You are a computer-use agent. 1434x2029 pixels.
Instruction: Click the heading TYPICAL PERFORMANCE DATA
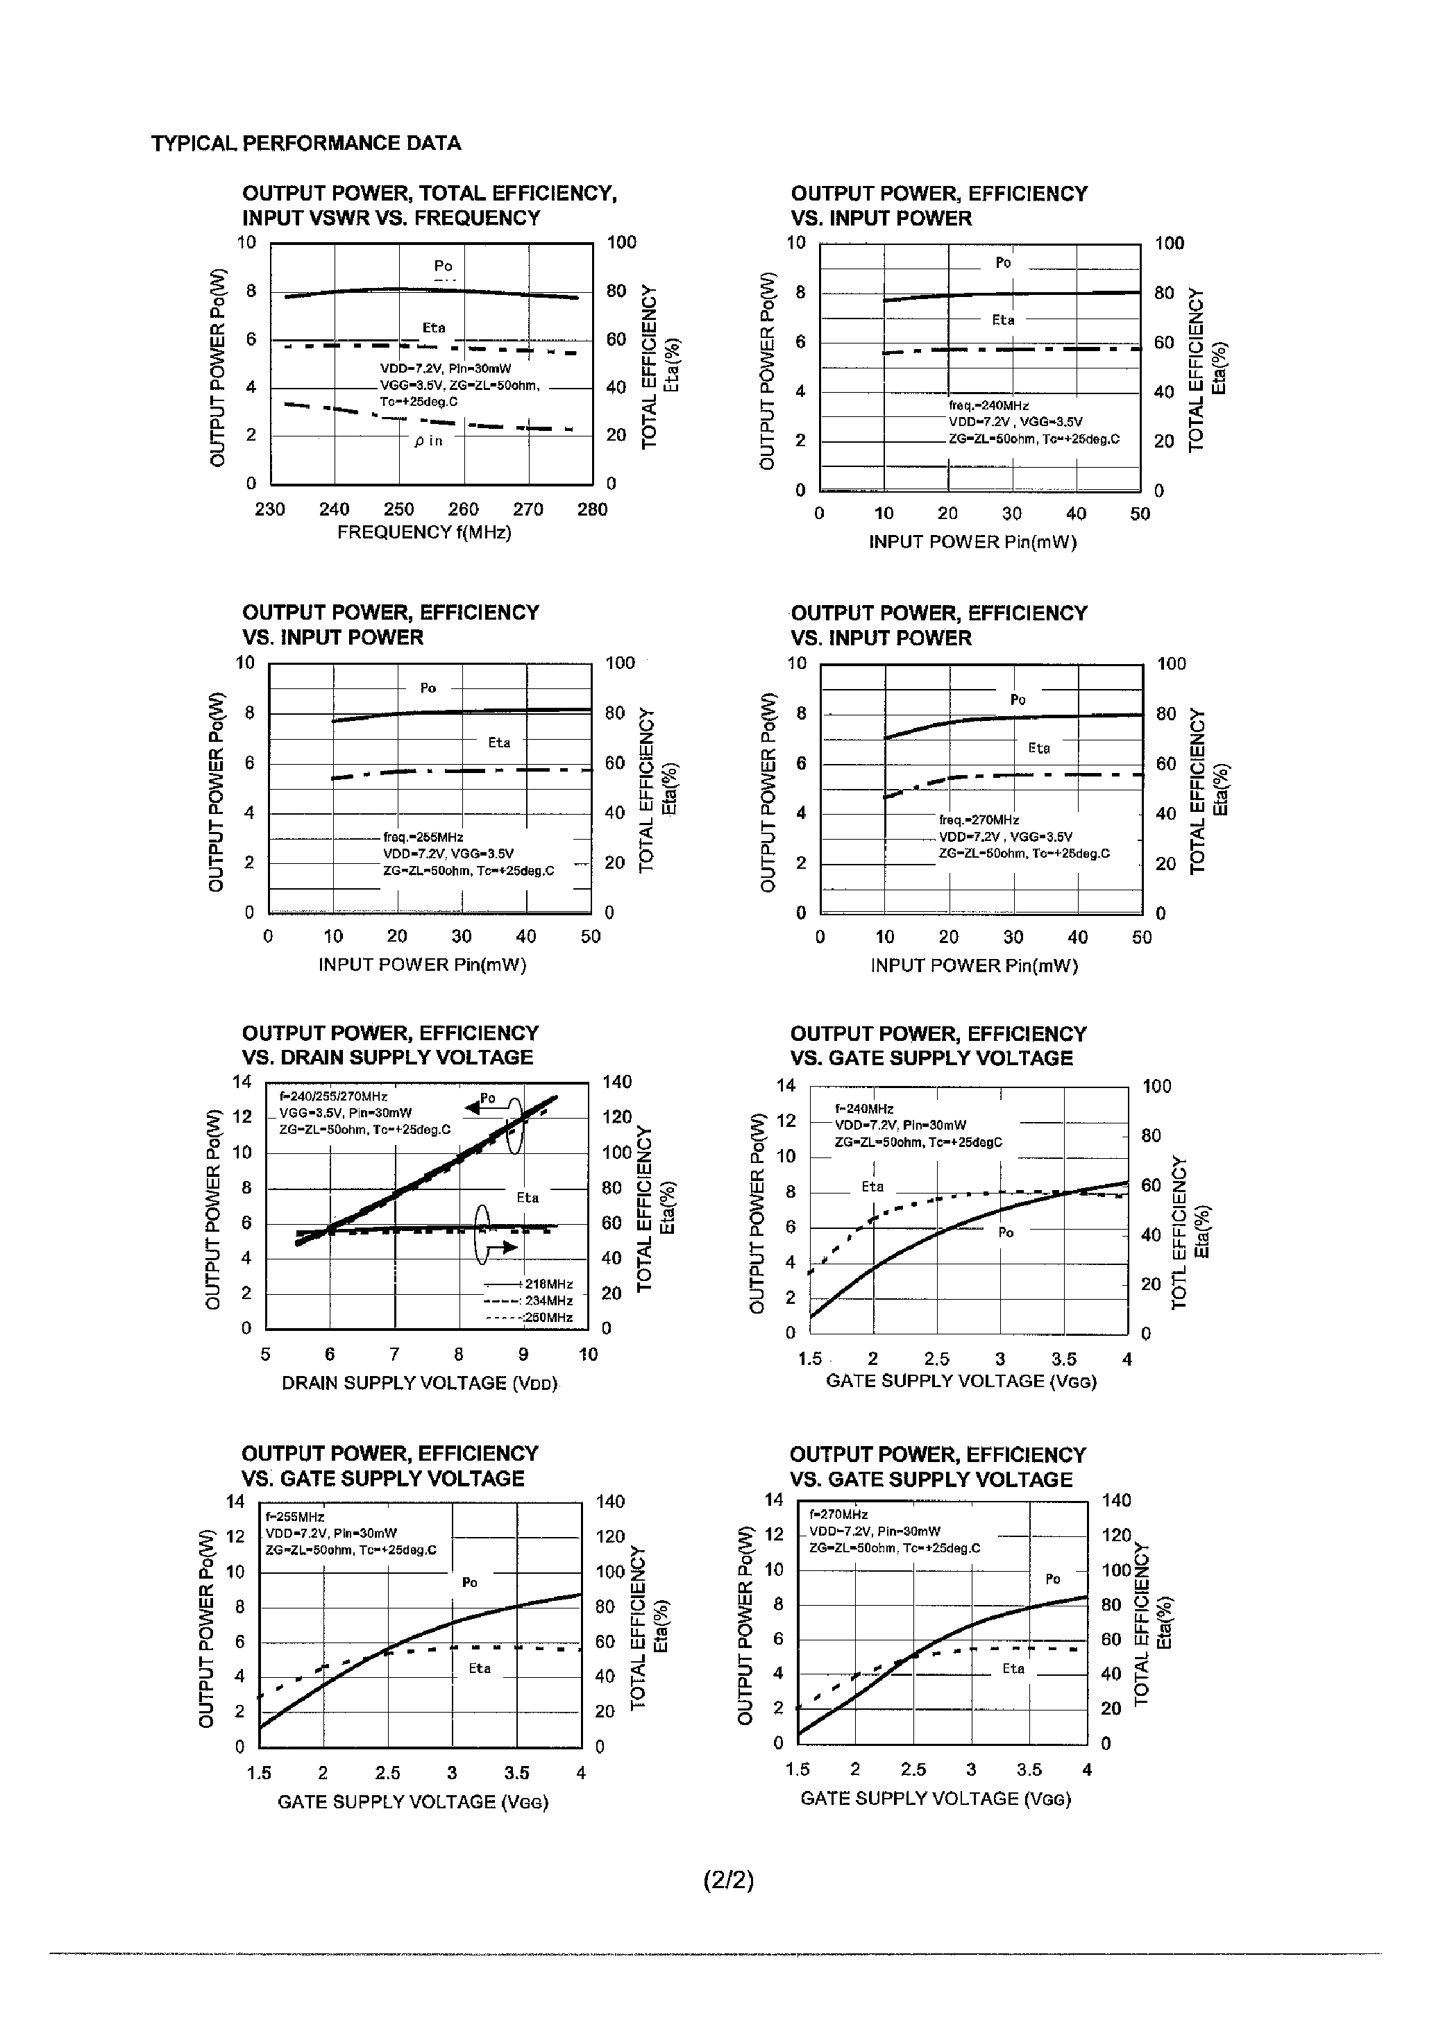(x=306, y=143)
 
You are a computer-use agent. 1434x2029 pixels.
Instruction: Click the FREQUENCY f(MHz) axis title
(x=424, y=533)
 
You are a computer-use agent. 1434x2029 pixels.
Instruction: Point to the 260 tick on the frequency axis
(x=463, y=510)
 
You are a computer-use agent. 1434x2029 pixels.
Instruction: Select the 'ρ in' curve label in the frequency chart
(x=429, y=441)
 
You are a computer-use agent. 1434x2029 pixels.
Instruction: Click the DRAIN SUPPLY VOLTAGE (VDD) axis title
(x=419, y=1383)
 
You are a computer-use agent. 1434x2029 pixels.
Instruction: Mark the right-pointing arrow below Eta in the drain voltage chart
(x=507, y=1247)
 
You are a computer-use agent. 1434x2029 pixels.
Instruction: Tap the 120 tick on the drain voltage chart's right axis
(x=617, y=1117)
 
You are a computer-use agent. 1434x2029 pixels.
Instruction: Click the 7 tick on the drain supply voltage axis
(x=394, y=1355)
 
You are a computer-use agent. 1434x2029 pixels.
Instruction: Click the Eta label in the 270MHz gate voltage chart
(x=1013, y=1668)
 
